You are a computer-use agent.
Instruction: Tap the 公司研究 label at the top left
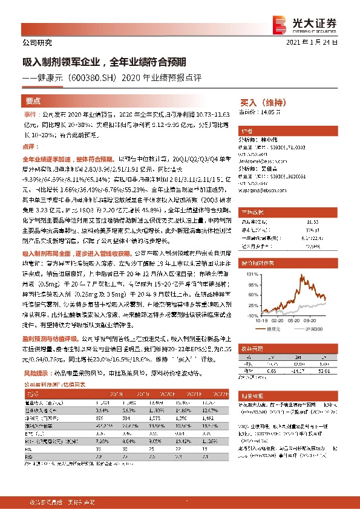pos(37,43)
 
